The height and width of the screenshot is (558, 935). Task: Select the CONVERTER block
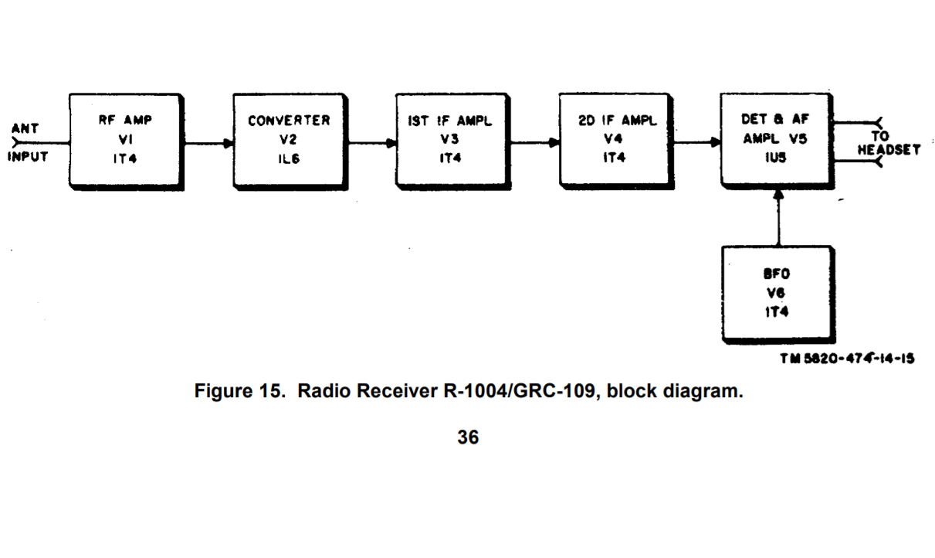click(x=289, y=139)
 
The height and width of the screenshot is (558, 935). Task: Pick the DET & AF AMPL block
click(x=777, y=139)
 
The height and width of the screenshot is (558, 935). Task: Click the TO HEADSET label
click(x=889, y=143)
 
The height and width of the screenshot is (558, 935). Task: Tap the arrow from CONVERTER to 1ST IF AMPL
click(x=371, y=143)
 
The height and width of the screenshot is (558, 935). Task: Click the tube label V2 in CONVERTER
click(x=289, y=139)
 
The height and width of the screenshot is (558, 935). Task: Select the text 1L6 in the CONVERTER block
click(x=289, y=157)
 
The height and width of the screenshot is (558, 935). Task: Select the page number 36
click(x=467, y=437)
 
